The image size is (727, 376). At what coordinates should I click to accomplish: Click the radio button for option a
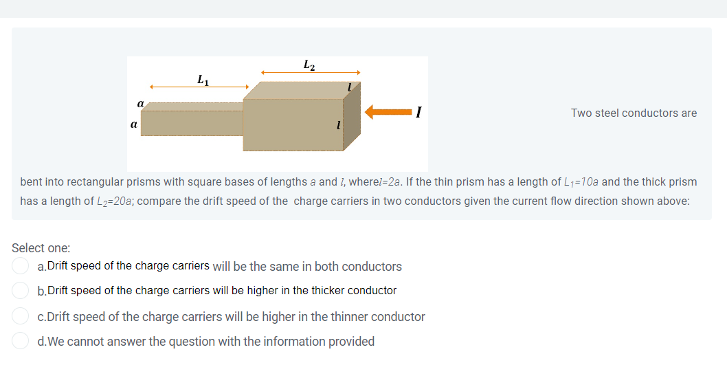(x=21, y=266)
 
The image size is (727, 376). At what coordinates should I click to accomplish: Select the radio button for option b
(x=21, y=291)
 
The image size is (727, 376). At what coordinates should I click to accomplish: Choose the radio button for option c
(x=21, y=317)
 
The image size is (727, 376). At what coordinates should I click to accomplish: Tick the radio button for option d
(x=21, y=341)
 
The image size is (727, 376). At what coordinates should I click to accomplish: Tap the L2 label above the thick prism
(x=309, y=65)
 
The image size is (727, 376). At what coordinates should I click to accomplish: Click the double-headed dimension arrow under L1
(x=199, y=87)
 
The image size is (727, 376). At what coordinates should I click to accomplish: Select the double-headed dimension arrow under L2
(x=310, y=72)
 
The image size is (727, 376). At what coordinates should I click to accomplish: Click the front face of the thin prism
(x=192, y=123)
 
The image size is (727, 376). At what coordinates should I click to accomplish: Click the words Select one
(x=41, y=247)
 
